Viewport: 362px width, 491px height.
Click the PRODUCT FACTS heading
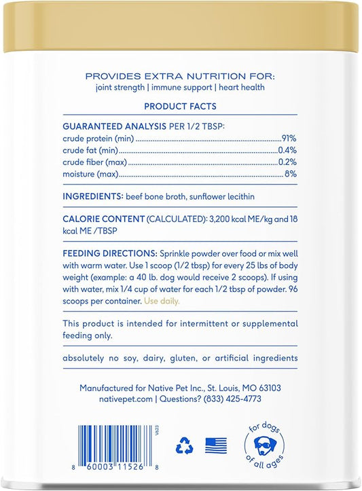click(x=180, y=107)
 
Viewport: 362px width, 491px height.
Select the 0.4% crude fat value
click(x=289, y=150)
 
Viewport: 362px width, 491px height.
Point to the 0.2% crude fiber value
click(x=289, y=162)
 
